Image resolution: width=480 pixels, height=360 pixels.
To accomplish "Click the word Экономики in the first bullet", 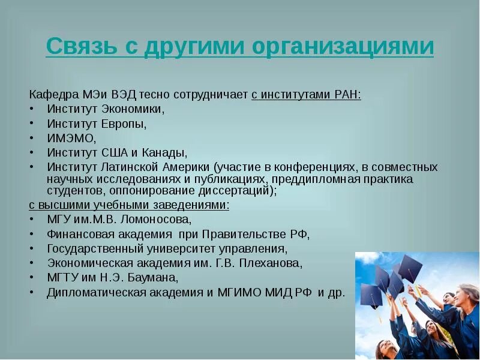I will pos(134,109).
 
